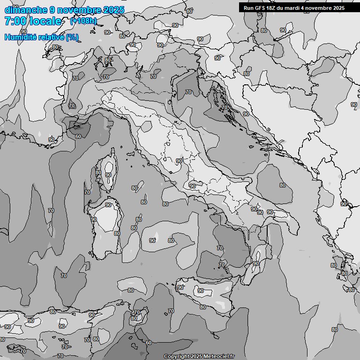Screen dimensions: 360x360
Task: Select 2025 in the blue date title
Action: coord(113,10)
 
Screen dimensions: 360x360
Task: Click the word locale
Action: coord(45,21)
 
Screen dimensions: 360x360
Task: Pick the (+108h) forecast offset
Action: coord(83,21)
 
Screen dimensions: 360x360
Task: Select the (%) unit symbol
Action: coord(72,37)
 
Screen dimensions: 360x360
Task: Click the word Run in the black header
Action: coord(248,8)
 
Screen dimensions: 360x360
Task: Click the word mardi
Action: coord(298,8)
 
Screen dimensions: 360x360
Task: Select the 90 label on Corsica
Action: coord(108,175)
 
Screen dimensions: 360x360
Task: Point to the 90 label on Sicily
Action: coord(201,291)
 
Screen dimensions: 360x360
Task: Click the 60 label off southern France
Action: coord(78,136)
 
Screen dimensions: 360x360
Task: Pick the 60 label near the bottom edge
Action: coord(148,343)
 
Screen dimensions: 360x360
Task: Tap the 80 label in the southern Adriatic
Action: coord(283,185)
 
